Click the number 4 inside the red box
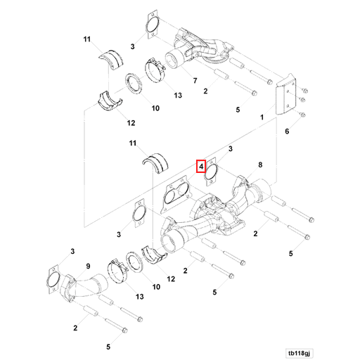click(201, 167)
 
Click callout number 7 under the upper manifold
click(195, 81)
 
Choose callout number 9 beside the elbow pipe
click(88, 265)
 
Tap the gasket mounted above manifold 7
click(151, 22)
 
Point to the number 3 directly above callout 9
click(72, 251)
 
